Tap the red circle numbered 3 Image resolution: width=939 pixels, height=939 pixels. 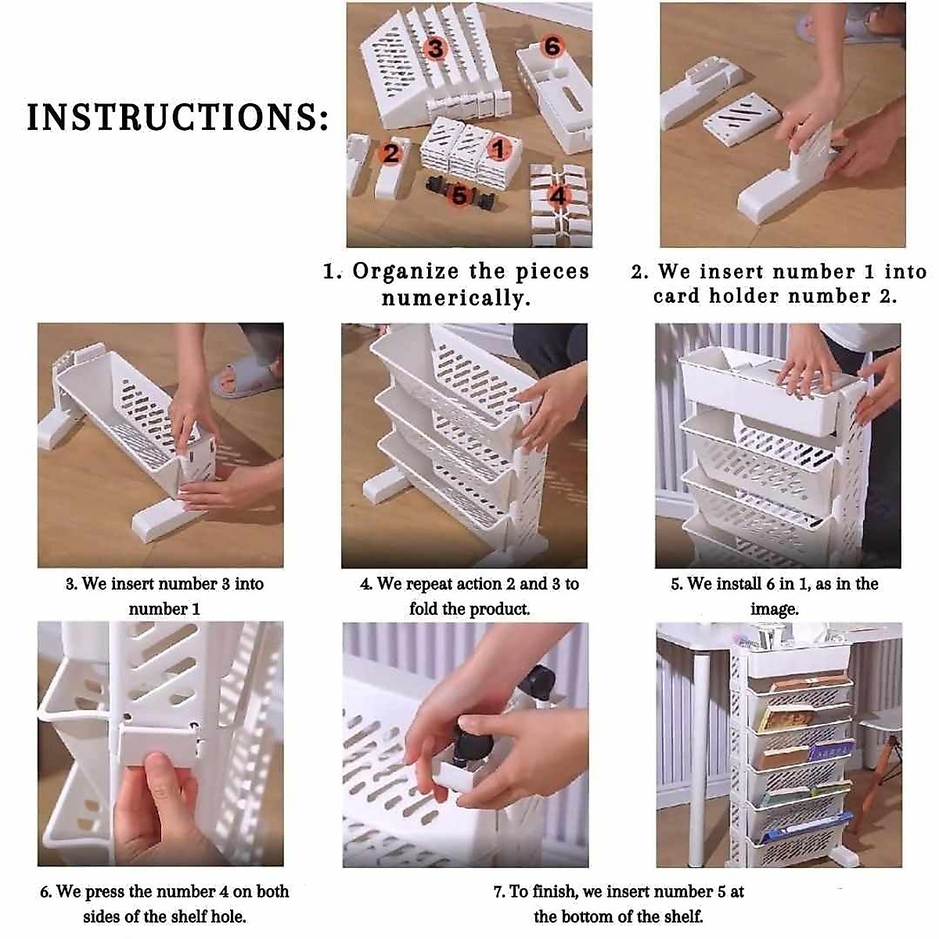[x=435, y=49]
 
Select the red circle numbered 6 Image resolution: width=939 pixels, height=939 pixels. [x=552, y=46]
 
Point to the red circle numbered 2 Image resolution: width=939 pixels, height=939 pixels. [x=391, y=153]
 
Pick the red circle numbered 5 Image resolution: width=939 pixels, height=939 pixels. [x=459, y=195]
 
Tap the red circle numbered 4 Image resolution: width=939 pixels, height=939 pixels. [x=558, y=195]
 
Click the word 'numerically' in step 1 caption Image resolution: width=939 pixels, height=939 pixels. [x=451, y=298]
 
